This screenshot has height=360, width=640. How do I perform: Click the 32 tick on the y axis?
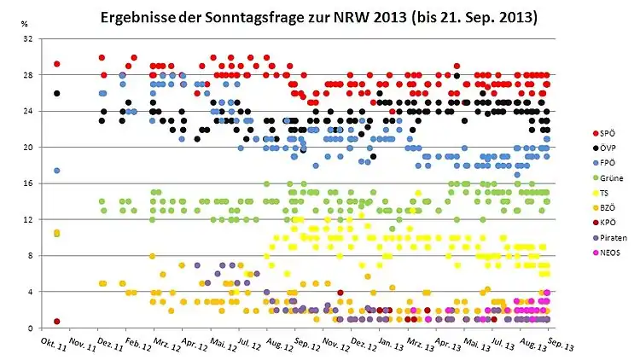28,39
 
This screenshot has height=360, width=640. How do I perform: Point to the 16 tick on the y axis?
28,183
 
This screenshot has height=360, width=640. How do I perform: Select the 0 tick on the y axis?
31,328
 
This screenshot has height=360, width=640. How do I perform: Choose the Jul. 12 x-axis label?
247,342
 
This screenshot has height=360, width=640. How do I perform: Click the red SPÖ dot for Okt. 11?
57,64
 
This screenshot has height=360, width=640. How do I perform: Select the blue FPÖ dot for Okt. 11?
56,171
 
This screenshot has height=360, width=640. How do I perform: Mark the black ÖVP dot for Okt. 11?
57,94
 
